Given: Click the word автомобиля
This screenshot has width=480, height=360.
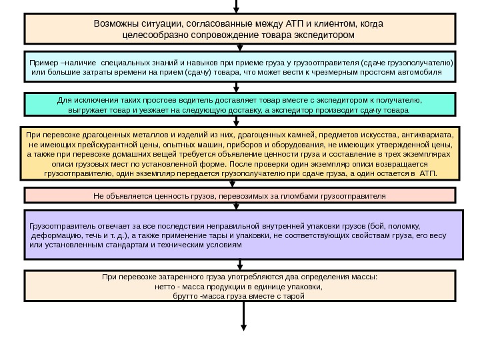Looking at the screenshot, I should coord(421,71).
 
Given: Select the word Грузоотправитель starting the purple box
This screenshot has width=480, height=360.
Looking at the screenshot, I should coord(61,225).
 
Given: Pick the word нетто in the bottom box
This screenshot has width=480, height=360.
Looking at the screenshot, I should coord(165,286).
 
